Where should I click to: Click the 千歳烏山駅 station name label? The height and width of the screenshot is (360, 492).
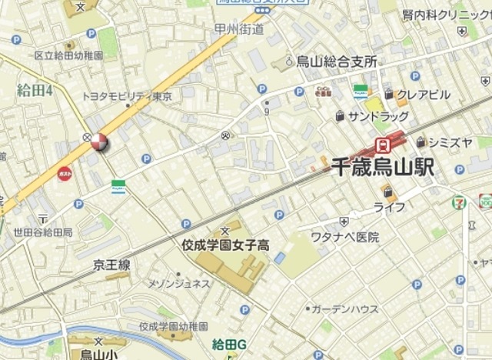pos(383,167)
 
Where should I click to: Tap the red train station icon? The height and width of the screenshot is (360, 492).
pos(381,144)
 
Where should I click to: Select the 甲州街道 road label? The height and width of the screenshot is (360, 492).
pos(239,29)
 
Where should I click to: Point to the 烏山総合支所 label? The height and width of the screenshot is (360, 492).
pos(336,62)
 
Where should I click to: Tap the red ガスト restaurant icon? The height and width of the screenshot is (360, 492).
pos(65,175)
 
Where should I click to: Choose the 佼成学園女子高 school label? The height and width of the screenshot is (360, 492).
pos(225,245)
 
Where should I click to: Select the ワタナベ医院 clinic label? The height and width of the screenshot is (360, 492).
pos(345,237)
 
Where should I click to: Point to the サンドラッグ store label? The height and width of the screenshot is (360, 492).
pos(377,116)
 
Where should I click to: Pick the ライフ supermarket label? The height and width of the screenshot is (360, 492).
pos(389,207)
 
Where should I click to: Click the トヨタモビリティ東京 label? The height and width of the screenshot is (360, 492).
pos(128,96)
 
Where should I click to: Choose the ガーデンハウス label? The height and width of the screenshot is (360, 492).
pos(345,308)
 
